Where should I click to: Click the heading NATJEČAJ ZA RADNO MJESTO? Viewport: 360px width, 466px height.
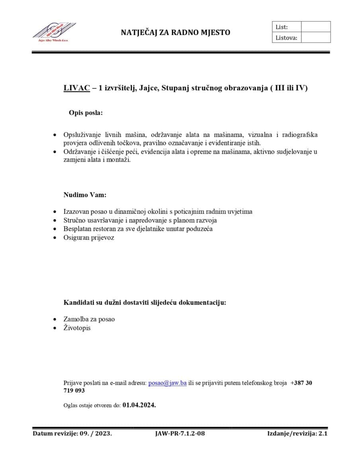coord(175,33)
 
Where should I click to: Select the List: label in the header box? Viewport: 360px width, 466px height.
coord(282,27)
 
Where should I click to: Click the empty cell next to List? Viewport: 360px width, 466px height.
coord(315,27)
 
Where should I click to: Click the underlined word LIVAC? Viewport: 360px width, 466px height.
coord(76,88)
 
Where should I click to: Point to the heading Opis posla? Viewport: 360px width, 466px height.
coord(86,113)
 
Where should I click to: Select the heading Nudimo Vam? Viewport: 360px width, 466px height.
coord(85,195)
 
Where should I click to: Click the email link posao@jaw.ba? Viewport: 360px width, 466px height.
coord(167,383)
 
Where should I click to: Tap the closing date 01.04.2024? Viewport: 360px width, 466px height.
coord(139,405)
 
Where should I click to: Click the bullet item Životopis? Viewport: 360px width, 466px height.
coord(77,328)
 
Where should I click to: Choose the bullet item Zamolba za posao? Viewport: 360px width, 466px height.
coord(89,319)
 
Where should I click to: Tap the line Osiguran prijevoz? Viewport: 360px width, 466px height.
coord(89,238)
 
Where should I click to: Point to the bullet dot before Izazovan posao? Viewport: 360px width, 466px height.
coord(55,212)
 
